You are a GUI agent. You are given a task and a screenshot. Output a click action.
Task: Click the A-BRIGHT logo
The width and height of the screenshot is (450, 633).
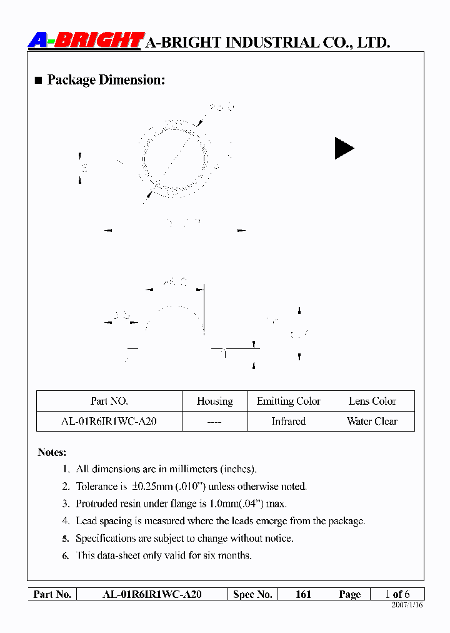pyautogui.click(x=86, y=41)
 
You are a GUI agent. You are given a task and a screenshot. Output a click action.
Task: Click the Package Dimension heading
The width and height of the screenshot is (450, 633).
pyautogui.click(x=106, y=80)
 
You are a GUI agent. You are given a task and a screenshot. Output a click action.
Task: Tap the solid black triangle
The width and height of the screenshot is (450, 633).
pyautogui.click(x=343, y=148)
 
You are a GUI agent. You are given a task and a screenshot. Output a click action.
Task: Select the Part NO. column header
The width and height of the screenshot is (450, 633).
pyautogui.click(x=109, y=402)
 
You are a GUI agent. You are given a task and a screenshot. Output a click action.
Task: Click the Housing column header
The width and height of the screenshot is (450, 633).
pyautogui.click(x=214, y=402)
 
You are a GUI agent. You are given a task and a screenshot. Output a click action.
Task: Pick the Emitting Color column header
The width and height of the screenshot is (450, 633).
pyautogui.click(x=288, y=402)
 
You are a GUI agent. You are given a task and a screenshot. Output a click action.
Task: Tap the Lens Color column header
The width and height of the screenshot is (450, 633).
pyautogui.click(x=372, y=402)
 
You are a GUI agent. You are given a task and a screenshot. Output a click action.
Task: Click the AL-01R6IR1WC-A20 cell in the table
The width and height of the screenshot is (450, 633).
pyautogui.click(x=109, y=422)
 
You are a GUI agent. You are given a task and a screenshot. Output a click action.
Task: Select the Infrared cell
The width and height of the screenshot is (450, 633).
pyautogui.click(x=288, y=422)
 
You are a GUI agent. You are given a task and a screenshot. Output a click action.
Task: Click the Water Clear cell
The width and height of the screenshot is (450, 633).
pyautogui.click(x=372, y=422)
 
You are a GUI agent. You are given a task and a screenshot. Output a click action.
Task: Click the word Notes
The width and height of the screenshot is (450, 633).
pyautogui.click(x=52, y=452)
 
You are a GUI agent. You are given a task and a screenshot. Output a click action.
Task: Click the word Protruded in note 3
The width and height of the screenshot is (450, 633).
pyautogui.click(x=96, y=504)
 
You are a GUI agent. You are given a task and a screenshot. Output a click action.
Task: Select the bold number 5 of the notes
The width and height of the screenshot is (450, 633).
pyautogui.click(x=66, y=539)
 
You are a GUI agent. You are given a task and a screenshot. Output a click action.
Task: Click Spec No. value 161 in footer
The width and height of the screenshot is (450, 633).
pyautogui.click(x=303, y=594)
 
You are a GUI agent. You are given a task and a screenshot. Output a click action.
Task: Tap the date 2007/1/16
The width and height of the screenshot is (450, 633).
pyautogui.click(x=407, y=605)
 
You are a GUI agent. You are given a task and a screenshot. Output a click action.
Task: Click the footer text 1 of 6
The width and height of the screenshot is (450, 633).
pyautogui.click(x=397, y=594)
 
